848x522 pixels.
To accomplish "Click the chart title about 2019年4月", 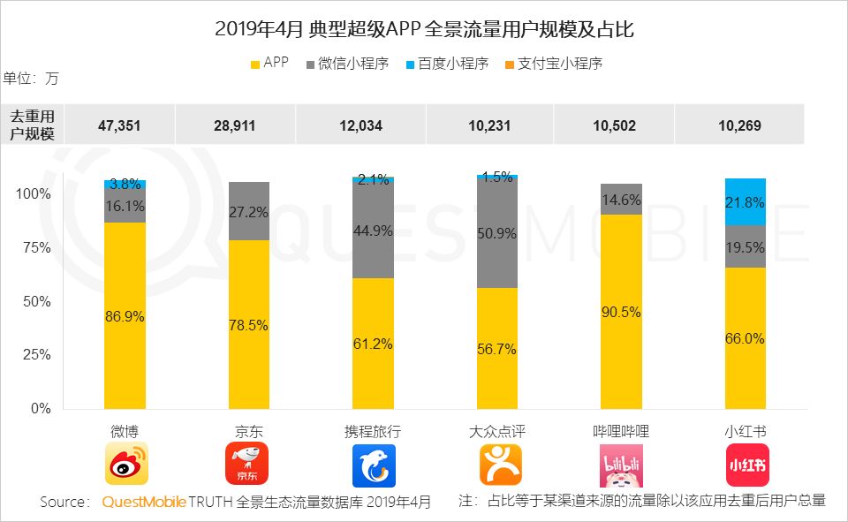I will [x=424, y=30].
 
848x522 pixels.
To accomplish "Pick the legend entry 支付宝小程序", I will [x=553, y=64].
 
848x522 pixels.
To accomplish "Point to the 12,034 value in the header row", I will [x=360, y=125].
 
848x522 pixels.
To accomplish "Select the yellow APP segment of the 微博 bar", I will [x=125, y=315].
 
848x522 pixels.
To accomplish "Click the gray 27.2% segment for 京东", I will [x=247, y=212].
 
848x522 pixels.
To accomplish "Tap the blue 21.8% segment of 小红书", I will [x=745, y=202].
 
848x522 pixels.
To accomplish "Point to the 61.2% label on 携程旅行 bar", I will [x=373, y=344].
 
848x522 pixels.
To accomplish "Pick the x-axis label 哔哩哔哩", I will [x=621, y=432].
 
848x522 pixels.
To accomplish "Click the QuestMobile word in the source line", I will [x=144, y=502].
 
